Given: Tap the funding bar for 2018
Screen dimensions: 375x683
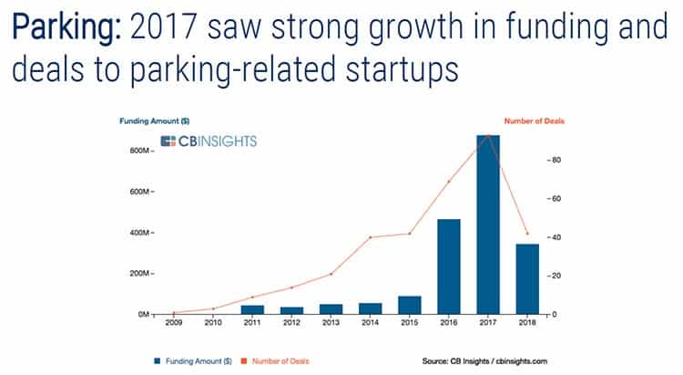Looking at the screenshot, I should (x=526, y=279).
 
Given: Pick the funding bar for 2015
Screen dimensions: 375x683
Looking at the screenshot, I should (x=409, y=305).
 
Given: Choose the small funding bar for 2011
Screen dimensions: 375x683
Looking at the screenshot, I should (x=252, y=309).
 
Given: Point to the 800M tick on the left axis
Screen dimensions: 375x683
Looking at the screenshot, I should (x=144, y=151).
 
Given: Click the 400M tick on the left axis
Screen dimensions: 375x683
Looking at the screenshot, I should (x=144, y=233).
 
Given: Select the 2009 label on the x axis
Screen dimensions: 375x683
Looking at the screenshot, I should (x=174, y=321).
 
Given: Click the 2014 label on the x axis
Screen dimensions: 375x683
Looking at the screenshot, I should (x=370, y=321).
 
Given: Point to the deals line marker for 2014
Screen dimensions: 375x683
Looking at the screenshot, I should (x=370, y=237).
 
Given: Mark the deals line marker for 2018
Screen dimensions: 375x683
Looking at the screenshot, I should (x=526, y=234).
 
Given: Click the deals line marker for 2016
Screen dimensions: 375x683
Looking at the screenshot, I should (x=448, y=182).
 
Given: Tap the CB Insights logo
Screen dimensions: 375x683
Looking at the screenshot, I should (x=209, y=141).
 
